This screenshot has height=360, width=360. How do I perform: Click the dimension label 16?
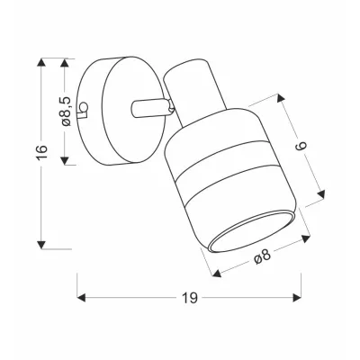(x=42, y=152)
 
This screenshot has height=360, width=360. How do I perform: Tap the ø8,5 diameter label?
(x=66, y=111)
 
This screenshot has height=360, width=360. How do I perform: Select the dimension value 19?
(x=190, y=298)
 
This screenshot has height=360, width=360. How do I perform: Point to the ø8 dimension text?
(x=263, y=256)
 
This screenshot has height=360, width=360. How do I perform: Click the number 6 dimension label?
(x=301, y=146)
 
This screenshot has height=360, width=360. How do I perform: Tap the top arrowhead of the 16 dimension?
(x=42, y=63)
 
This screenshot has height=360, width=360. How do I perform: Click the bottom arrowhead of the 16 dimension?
(x=42, y=245)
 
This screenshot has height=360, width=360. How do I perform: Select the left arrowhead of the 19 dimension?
(x=82, y=298)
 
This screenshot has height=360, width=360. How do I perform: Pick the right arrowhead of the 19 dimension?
(x=297, y=298)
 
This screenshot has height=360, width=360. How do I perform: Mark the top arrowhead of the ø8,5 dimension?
(x=65, y=63)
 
